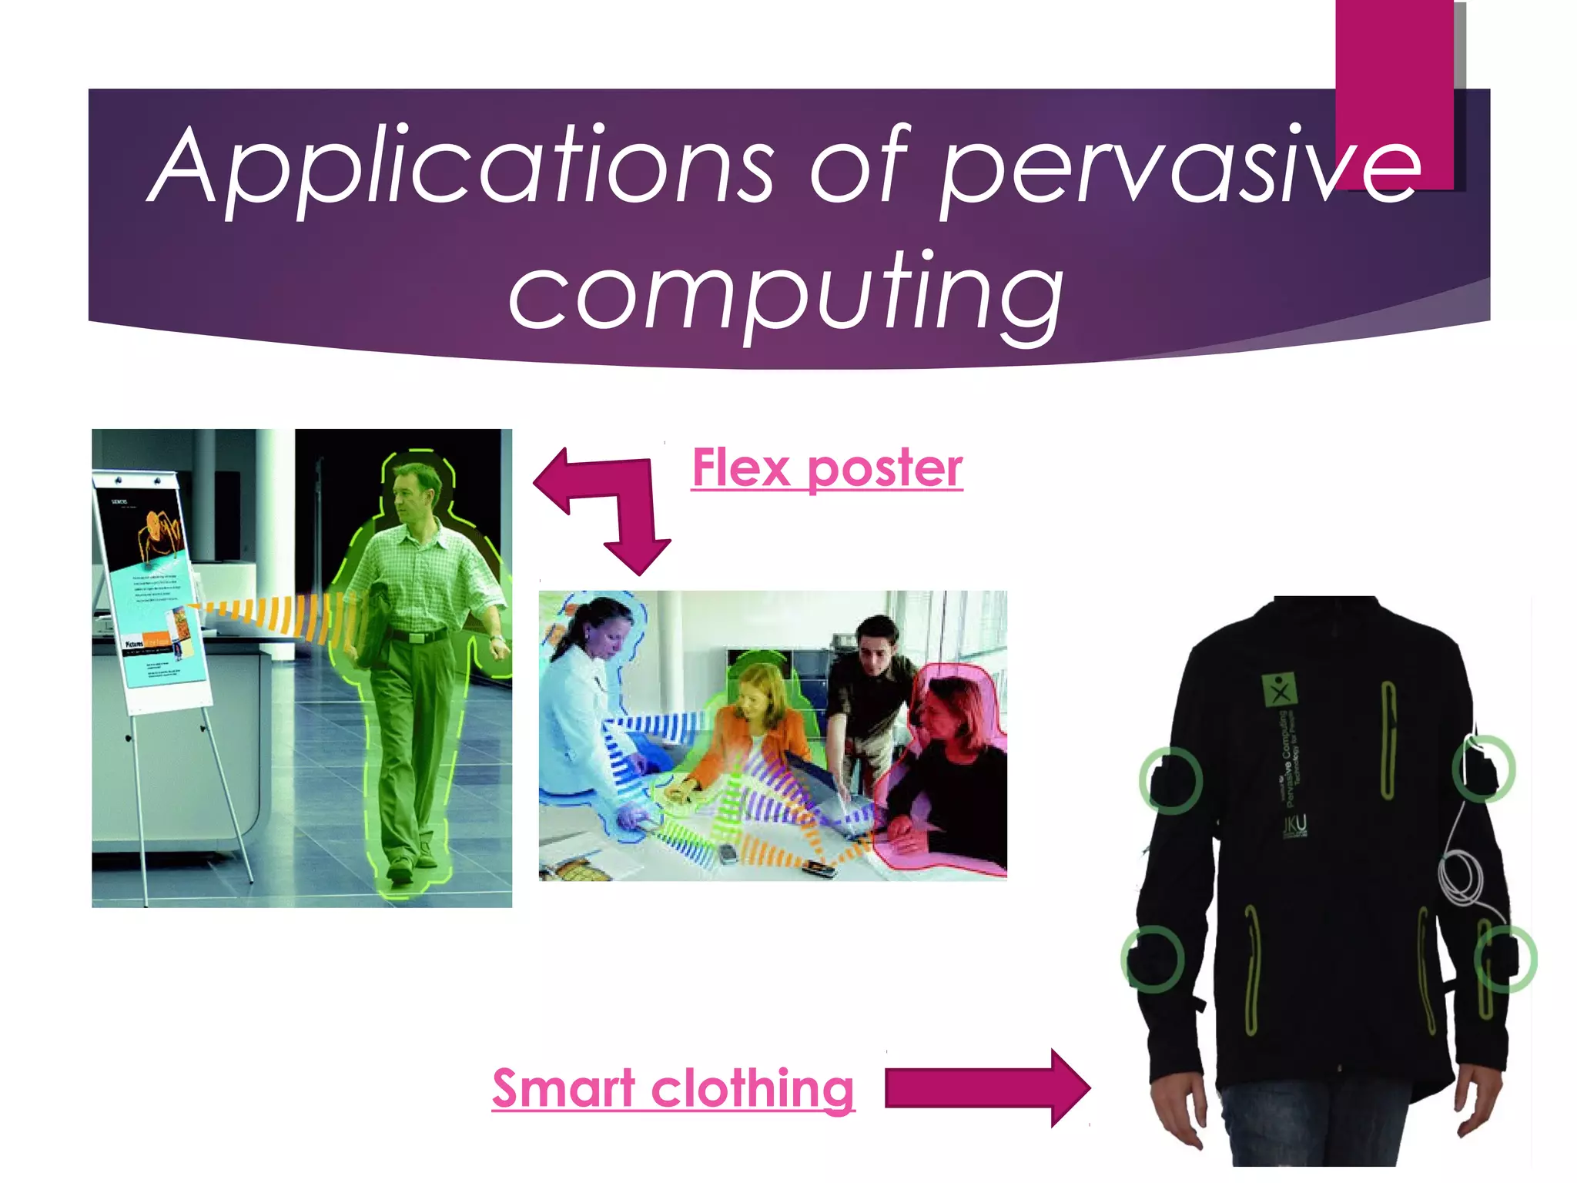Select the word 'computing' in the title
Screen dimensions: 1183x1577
[x=785, y=297]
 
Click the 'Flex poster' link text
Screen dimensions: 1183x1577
[x=827, y=468]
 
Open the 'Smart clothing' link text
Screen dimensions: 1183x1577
[x=673, y=1088]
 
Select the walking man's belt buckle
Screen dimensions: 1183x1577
[x=417, y=638]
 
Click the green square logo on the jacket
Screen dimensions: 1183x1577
[x=1279, y=689]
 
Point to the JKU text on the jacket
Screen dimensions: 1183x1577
[x=1294, y=826]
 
